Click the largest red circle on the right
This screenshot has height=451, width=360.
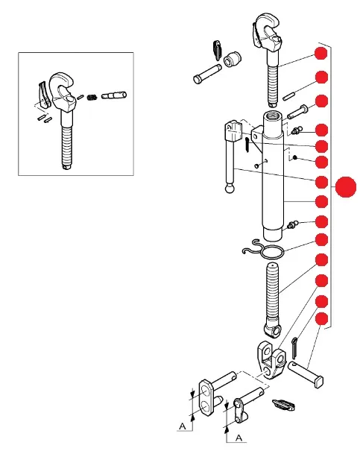(346, 187)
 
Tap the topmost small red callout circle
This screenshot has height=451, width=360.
(321, 53)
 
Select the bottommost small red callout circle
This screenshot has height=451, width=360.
(322, 319)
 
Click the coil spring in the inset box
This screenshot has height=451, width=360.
(92, 97)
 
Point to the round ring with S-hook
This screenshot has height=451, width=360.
(263, 250)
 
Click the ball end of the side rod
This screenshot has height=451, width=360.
(230, 189)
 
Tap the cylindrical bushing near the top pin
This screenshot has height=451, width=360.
(233, 59)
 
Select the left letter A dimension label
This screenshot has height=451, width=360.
(183, 426)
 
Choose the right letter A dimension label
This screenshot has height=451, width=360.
(239, 438)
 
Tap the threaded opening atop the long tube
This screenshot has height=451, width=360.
(272, 117)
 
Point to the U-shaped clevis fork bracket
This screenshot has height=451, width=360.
(272, 359)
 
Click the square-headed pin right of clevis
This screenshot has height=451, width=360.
(306, 374)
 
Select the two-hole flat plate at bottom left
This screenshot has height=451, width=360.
(207, 397)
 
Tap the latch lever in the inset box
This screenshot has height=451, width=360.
(43, 95)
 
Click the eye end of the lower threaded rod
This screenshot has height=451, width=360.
(273, 329)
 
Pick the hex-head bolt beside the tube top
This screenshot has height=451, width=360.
(297, 112)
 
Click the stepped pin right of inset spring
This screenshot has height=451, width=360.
(114, 95)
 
